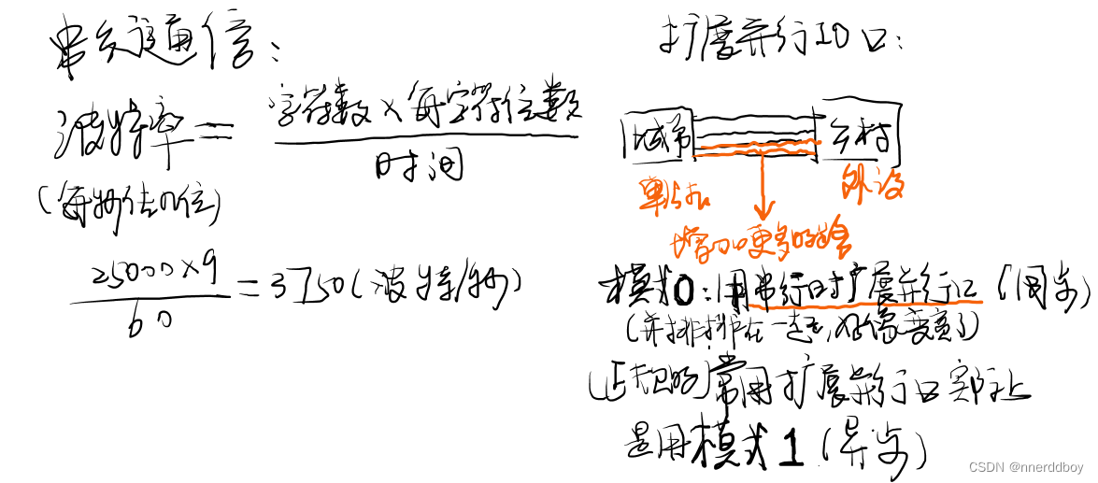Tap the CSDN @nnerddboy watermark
[x=1025, y=466]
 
